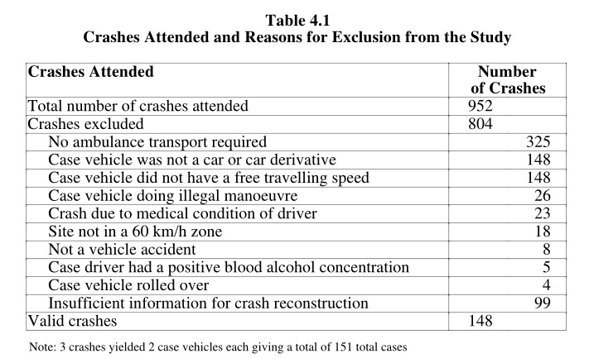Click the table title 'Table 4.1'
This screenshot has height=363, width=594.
click(297, 21)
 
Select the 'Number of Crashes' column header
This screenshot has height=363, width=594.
click(508, 79)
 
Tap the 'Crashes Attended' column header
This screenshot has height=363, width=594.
click(91, 71)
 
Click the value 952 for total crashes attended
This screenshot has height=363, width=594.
click(481, 106)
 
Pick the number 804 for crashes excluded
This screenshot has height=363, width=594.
click(481, 124)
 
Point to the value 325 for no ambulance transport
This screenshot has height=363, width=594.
click(538, 141)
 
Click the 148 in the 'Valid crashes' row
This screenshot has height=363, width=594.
click(481, 321)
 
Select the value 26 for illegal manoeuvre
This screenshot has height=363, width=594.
click(543, 195)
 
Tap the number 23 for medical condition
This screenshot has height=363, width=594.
click(543, 213)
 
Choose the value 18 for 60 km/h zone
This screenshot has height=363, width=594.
click(543, 232)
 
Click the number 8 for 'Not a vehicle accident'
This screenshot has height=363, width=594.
click(546, 250)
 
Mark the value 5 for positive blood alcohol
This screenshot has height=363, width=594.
click(546, 267)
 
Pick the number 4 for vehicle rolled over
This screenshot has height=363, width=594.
click(546, 285)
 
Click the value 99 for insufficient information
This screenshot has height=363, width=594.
click(543, 303)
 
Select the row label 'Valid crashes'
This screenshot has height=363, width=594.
click(73, 321)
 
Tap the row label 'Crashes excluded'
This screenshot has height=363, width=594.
click(86, 124)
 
